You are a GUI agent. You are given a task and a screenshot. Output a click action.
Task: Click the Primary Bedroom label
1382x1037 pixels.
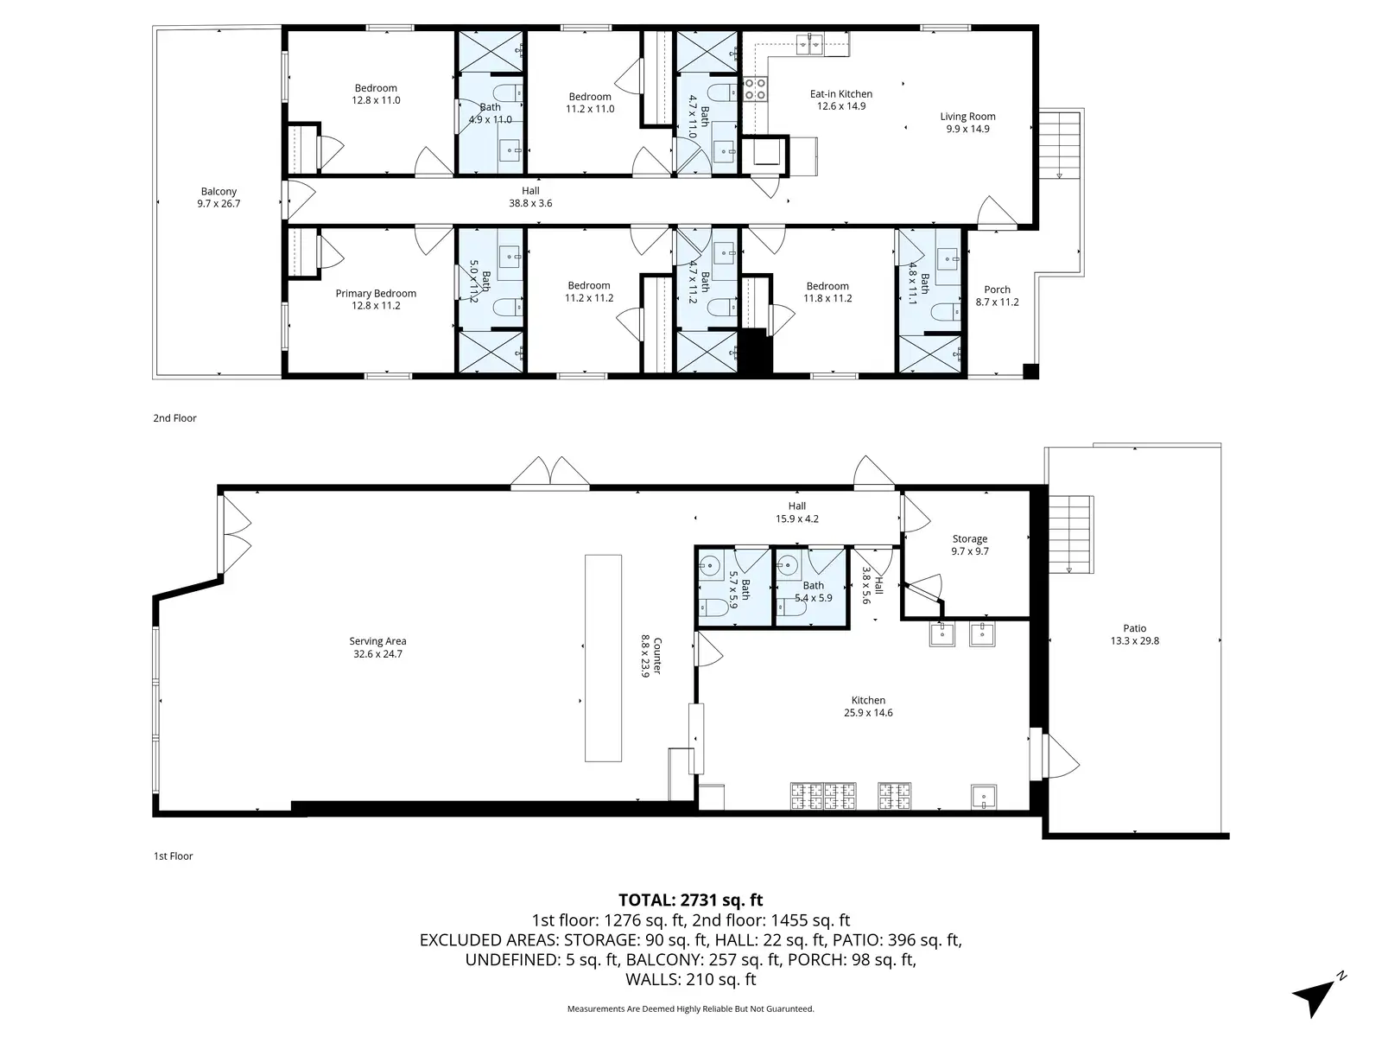pos(375,294)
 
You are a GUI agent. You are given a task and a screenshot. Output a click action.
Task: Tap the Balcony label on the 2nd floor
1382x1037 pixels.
pos(219,191)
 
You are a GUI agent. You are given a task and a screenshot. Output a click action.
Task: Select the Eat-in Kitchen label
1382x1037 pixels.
pos(840,94)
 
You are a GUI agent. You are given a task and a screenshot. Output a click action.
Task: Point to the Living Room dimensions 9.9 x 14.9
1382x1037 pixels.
pos(967,129)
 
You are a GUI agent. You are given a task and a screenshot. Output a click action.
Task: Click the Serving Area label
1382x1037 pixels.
pos(377,641)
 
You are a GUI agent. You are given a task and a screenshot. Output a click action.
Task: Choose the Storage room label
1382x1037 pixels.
pos(970,539)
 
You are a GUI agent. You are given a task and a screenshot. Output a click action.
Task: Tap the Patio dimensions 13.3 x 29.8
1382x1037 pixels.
pos(1135,641)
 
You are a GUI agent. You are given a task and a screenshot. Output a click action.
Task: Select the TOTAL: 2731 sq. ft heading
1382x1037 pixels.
pos(691,900)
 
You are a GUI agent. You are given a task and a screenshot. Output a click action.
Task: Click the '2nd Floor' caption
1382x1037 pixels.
pos(175,418)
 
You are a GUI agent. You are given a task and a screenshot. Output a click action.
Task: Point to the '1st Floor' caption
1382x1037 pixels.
pos(173,856)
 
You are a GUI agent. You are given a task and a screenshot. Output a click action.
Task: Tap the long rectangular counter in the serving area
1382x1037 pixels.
pos(603,658)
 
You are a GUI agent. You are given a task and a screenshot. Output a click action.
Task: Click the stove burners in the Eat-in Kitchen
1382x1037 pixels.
pos(755,89)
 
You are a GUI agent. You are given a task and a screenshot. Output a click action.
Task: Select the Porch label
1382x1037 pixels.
pos(998,289)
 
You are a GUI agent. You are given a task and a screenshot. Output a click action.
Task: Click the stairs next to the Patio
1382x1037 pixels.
pos(1069,535)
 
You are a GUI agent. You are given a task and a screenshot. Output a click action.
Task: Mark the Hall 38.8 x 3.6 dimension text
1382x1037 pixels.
pos(530,203)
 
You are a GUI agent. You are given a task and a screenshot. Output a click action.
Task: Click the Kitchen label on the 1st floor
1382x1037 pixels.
pos(868,700)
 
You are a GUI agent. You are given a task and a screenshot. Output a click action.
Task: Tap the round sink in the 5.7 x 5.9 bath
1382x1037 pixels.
pos(710,565)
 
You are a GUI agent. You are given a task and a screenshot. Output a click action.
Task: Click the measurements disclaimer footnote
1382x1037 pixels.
pos(691,1008)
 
